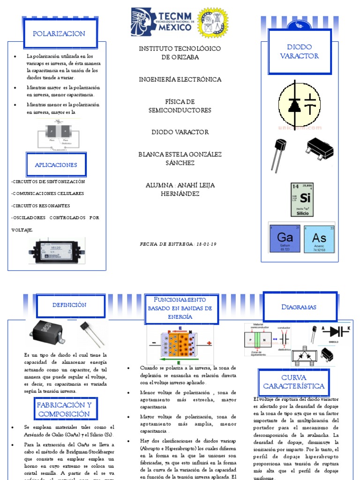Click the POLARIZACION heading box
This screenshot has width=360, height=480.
tap(59, 34)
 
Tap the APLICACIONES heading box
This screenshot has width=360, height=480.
tap(56, 165)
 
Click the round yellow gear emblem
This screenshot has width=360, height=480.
tap(213, 22)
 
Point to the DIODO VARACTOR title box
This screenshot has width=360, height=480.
tap(299, 51)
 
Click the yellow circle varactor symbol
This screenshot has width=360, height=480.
tap(300, 103)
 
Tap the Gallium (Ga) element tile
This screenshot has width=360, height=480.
tap(285, 237)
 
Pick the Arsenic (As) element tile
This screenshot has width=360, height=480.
tap(319, 237)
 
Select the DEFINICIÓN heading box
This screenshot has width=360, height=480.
tap(69, 305)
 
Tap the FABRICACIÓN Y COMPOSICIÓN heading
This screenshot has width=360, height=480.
tap(64, 409)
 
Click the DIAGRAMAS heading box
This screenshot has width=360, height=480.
tap(299, 307)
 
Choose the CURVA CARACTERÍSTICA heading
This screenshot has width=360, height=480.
tap(293, 382)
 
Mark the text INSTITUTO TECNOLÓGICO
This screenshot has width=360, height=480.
tap(180, 49)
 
